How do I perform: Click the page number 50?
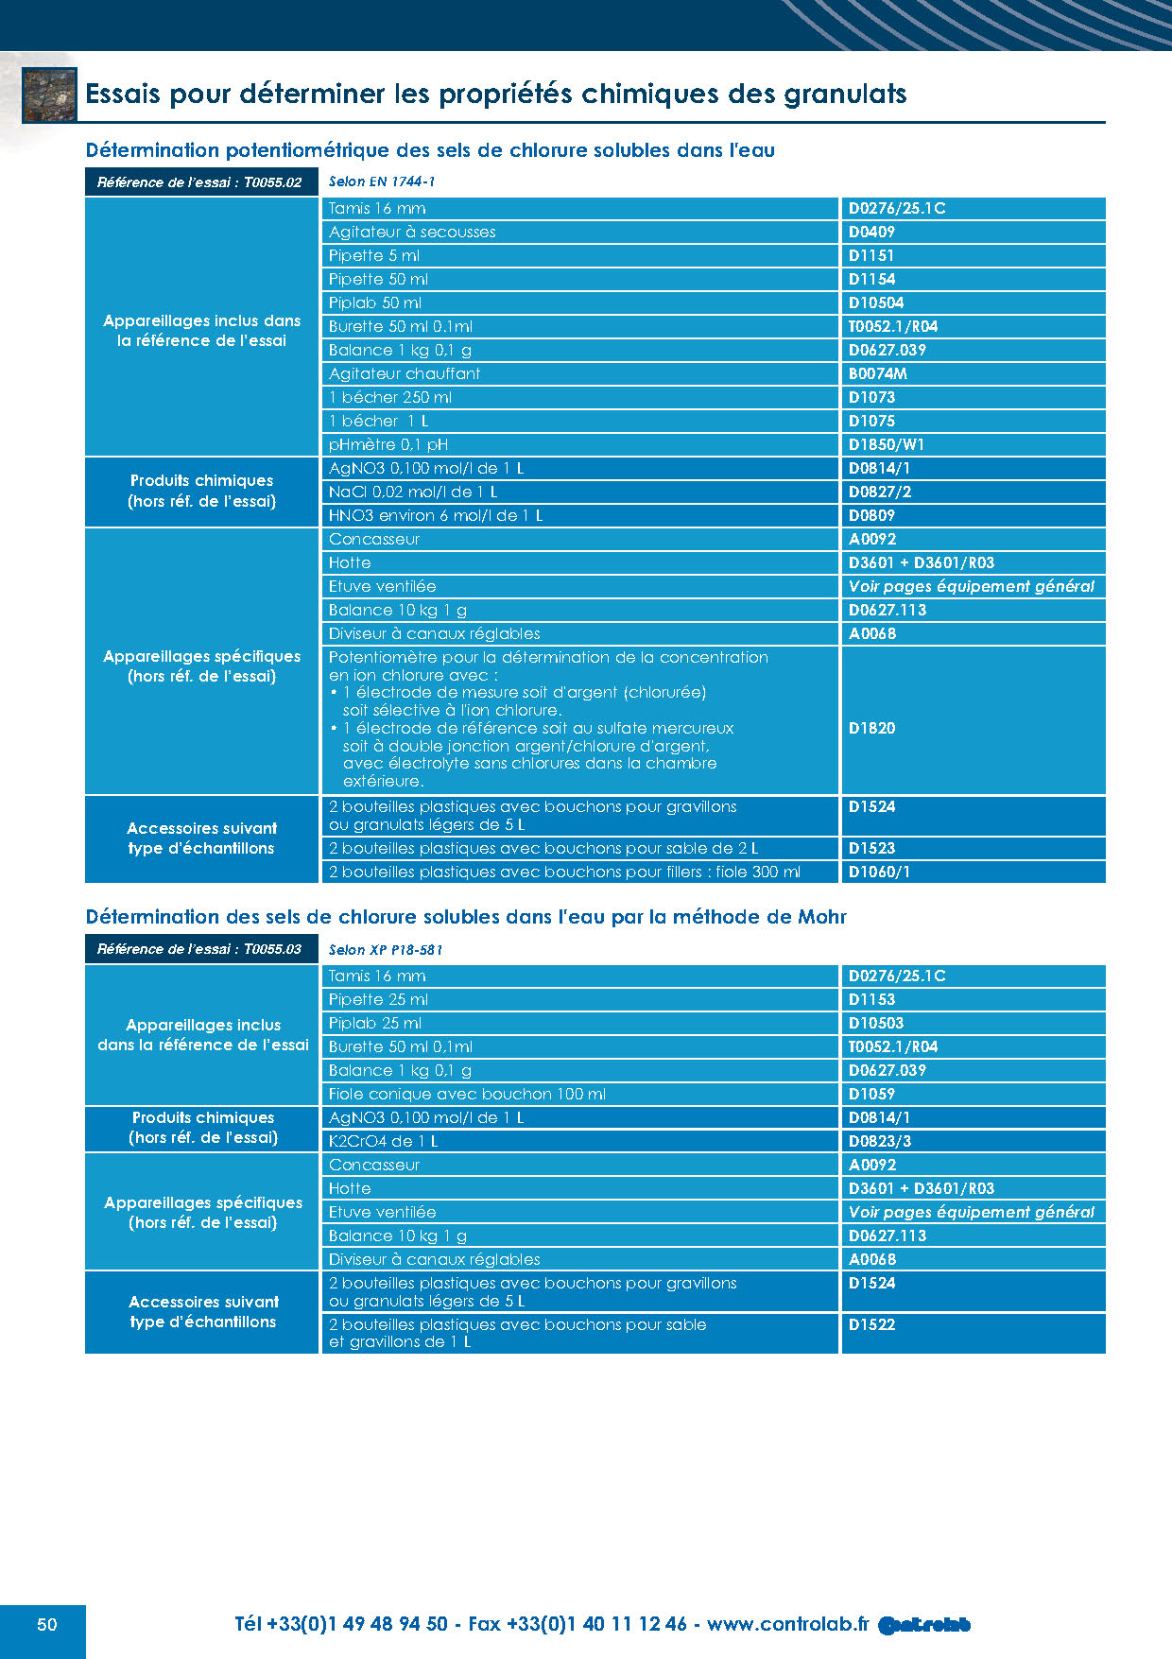click(46, 1624)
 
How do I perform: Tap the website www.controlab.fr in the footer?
click(786, 1624)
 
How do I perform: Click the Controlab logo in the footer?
click(923, 1625)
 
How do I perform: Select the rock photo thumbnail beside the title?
click(49, 95)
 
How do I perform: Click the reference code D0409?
click(871, 232)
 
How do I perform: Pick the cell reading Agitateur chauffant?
click(405, 373)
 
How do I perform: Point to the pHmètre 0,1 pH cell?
click(388, 444)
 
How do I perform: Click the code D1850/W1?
click(887, 444)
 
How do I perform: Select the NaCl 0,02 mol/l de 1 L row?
click(413, 492)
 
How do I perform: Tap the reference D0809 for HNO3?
click(871, 515)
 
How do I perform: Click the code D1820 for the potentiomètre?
click(871, 728)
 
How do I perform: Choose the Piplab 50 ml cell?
click(375, 302)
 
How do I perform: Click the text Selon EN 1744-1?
click(382, 181)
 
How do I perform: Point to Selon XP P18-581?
click(386, 949)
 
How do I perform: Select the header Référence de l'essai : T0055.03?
click(199, 949)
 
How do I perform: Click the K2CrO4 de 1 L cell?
click(384, 1141)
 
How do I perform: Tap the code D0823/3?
click(880, 1141)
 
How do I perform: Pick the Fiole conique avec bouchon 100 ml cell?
click(467, 1094)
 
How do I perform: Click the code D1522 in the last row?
click(871, 1324)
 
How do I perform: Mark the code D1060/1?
click(879, 872)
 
